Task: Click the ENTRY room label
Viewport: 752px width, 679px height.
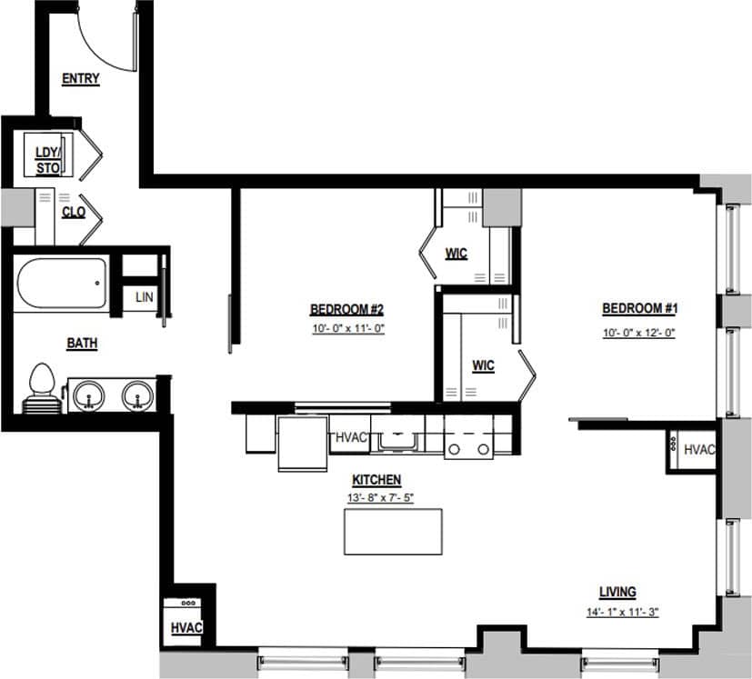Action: click(80, 79)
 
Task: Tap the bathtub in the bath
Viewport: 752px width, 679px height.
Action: click(61, 284)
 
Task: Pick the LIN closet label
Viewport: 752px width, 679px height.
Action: click(144, 297)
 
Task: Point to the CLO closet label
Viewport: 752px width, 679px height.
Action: click(74, 212)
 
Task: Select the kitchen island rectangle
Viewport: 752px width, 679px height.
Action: click(393, 531)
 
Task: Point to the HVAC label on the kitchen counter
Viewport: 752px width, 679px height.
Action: click(351, 437)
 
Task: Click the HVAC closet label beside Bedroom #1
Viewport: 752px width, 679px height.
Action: click(698, 449)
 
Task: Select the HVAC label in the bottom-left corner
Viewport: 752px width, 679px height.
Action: click(185, 628)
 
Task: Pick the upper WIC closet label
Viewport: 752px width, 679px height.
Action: click(456, 254)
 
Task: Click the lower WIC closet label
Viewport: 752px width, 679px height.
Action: click(483, 365)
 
